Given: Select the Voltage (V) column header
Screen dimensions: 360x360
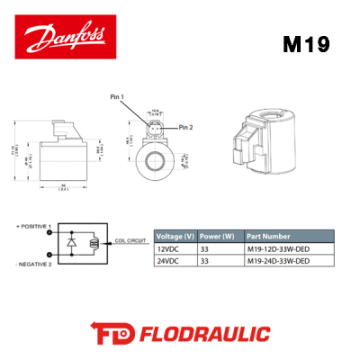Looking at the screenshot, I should pos(175,228).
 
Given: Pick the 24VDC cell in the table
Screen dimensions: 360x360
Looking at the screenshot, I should pos(168,261).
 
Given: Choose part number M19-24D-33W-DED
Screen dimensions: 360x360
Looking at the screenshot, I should pos(278,261).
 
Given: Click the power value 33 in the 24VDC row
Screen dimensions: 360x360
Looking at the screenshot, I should pos(204,261).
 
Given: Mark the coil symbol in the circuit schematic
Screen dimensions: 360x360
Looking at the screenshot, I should pos(94,242).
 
